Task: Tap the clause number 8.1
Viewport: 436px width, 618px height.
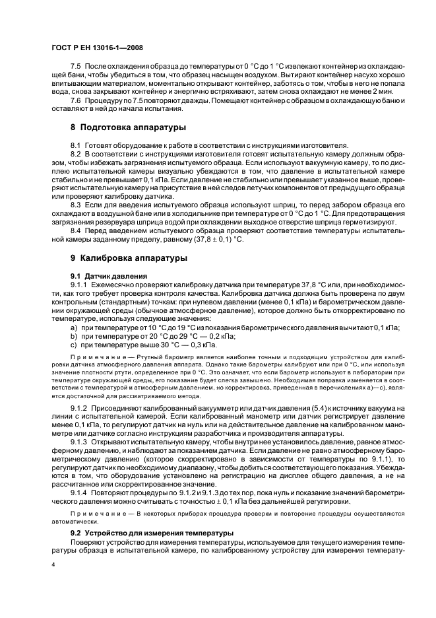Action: coord(77,145)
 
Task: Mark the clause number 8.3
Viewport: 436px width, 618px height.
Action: coord(77,205)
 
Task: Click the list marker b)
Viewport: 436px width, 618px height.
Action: coord(73,336)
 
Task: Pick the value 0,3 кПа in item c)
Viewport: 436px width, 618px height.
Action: coord(201,344)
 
